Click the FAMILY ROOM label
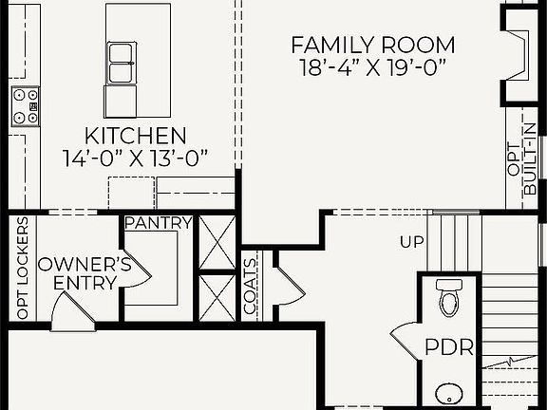tap(372, 45)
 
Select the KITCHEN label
tap(135, 135)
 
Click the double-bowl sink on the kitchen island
tap(121, 64)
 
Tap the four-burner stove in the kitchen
tap(25, 106)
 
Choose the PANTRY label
tap(159, 224)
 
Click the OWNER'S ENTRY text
tap(78, 272)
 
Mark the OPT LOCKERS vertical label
tap(22, 269)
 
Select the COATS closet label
tap(251, 287)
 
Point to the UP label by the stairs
tap(411, 243)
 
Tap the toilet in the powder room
tap(448, 298)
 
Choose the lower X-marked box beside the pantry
tap(217, 296)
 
